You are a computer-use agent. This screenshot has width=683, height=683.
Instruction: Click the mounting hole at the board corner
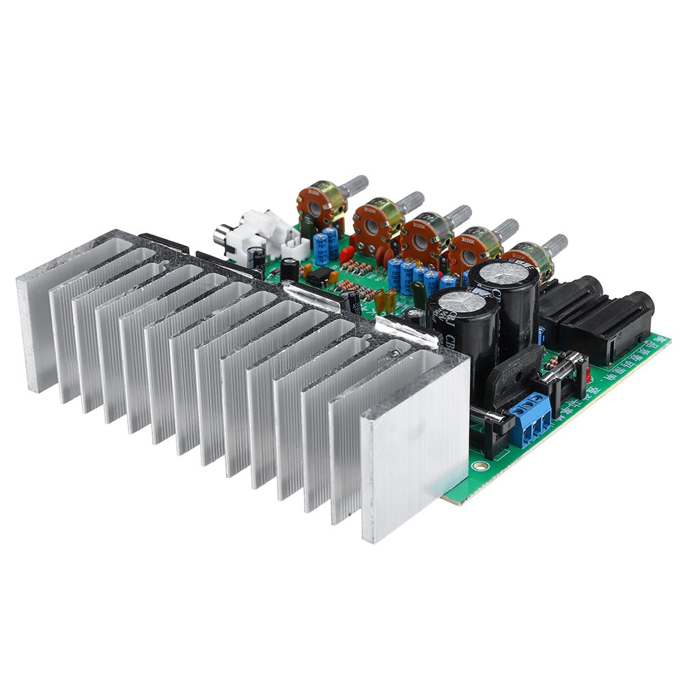coord(482,467)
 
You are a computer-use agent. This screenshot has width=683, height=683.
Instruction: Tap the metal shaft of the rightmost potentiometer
coord(555,243)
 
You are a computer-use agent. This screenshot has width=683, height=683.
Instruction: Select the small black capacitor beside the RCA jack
coord(257,257)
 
